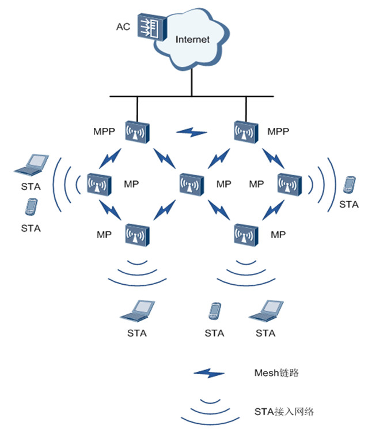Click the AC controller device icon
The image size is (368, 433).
click(x=151, y=28)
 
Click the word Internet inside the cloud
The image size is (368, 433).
click(x=192, y=40)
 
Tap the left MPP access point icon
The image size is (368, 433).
click(x=138, y=132)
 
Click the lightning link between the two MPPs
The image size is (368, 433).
click(x=192, y=133)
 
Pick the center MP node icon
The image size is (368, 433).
click(x=192, y=184)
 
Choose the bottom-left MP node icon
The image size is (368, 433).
click(x=138, y=234)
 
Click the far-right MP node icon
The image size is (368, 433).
click(x=289, y=184)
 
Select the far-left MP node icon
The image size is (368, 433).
click(x=98, y=184)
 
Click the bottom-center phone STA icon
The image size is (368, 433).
click(x=214, y=311)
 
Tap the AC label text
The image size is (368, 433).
click(x=122, y=27)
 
